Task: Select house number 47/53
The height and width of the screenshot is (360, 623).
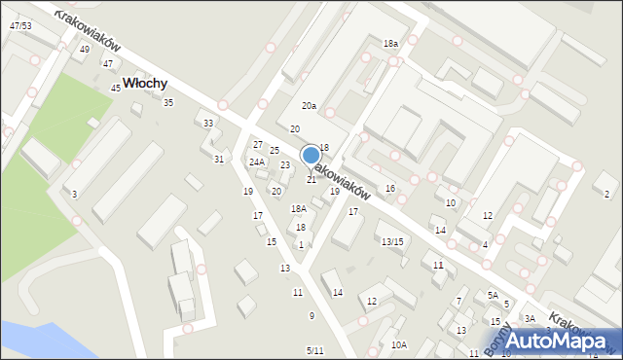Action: [x=19, y=25]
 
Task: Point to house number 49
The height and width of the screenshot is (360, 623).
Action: [x=85, y=50]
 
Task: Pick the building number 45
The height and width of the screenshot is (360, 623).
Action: [x=116, y=89]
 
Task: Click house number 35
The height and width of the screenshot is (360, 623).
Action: [x=168, y=103]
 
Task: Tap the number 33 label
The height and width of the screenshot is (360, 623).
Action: [x=208, y=124]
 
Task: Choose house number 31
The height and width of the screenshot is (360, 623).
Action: [x=219, y=160]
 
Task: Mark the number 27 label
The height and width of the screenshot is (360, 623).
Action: [x=258, y=145]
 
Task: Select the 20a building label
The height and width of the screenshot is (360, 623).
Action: [x=309, y=105]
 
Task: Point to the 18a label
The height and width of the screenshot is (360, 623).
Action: [x=390, y=45]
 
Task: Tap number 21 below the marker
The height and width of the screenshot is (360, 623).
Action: [x=311, y=180]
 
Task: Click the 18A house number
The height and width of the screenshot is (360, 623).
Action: [x=299, y=209]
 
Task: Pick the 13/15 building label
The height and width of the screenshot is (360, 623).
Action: [x=392, y=241]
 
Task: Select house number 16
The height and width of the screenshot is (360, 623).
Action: [x=390, y=188]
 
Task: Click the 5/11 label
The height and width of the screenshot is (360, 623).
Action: [x=314, y=350]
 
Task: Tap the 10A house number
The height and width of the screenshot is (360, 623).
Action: [x=399, y=344]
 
